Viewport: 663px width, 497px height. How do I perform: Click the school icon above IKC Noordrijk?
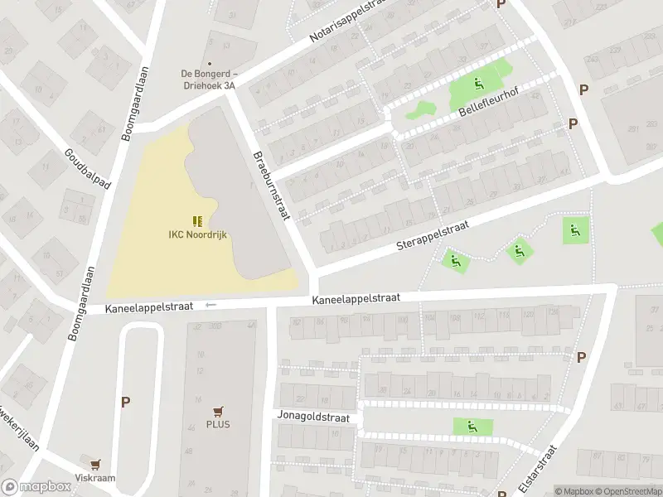197,221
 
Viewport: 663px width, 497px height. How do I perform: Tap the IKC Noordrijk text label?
197,235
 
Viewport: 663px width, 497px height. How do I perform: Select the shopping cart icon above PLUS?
219,411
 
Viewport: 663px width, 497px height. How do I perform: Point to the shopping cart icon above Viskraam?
96,465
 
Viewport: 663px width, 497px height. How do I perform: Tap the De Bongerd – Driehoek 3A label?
209,78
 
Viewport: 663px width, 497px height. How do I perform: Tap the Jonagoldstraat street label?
314,419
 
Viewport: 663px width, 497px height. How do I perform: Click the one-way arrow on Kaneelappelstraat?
211,305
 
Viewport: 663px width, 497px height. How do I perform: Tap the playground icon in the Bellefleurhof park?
478,83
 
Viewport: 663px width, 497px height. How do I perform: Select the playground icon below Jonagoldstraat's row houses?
472,427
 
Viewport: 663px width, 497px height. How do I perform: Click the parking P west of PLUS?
126,402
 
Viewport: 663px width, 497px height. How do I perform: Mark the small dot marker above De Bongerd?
209,63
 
